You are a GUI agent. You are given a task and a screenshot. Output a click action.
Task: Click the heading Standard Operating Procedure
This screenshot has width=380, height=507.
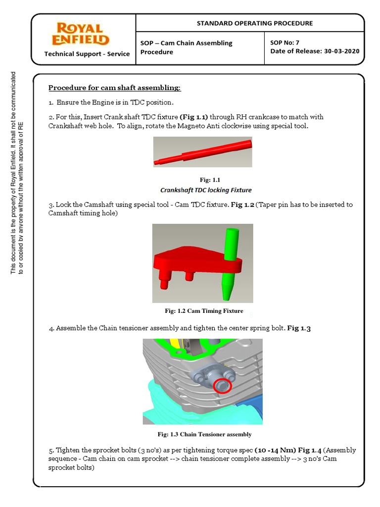(255, 23)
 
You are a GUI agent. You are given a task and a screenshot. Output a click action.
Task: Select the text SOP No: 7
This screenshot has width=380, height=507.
(285, 43)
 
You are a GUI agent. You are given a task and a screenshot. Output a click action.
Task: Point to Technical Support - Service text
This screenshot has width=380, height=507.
(87, 54)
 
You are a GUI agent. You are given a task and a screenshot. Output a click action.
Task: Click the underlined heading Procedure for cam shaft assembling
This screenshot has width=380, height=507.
(114, 88)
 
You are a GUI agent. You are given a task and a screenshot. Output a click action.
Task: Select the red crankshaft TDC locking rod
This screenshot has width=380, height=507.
(203, 152)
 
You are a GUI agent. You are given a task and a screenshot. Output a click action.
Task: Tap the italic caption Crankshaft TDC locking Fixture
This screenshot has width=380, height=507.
(206, 190)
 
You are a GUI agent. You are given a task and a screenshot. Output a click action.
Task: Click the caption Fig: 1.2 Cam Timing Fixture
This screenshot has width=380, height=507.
(204, 311)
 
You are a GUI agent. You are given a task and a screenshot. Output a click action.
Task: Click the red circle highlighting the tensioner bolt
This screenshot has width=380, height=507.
(223, 385)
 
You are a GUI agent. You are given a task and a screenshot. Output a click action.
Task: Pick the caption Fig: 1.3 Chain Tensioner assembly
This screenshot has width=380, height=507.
(204, 434)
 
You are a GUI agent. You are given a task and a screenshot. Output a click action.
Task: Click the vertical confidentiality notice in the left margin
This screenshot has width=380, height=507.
(17, 173)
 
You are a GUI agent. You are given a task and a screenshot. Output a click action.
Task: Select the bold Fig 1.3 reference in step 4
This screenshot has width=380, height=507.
(299, 329)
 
